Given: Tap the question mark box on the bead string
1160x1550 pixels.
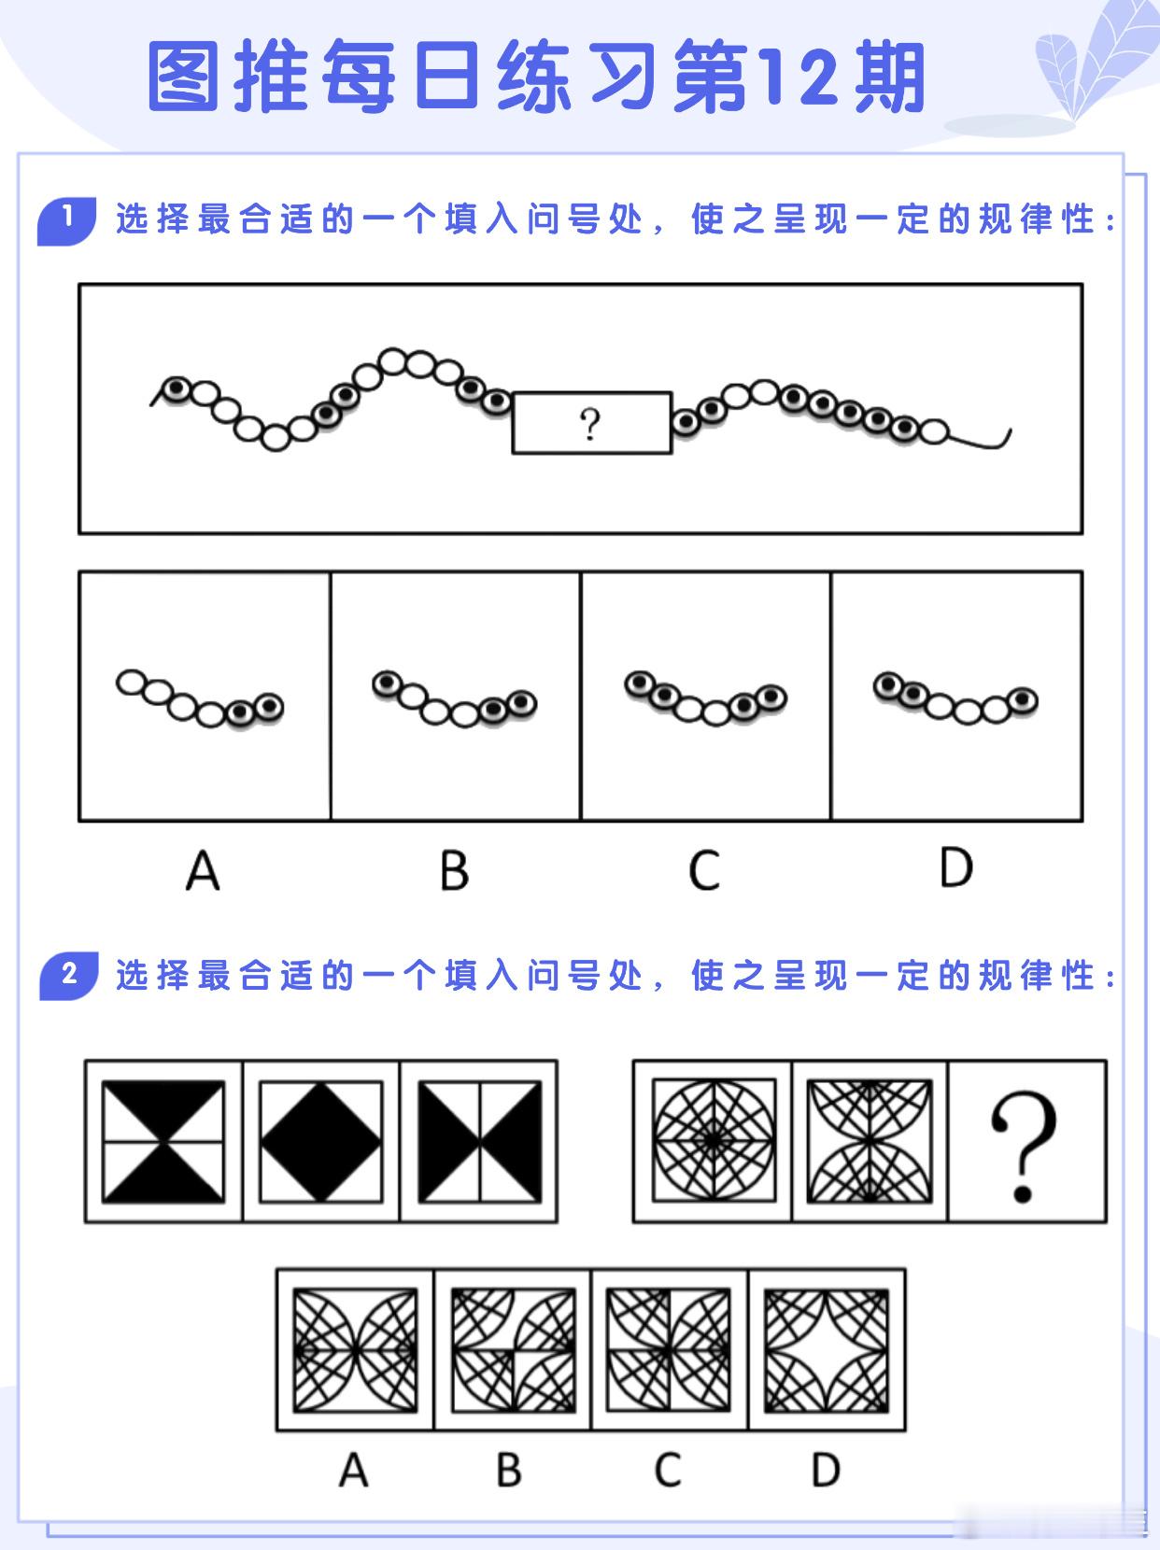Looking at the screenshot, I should [x=591, y=424].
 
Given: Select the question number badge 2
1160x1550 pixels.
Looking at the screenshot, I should [x=68, y=976].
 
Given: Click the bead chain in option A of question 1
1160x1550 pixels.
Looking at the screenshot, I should [x=200, y=698].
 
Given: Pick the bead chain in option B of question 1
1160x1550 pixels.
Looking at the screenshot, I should [x=454, y=699].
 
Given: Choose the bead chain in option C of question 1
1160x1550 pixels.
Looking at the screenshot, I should [x=705, y=698].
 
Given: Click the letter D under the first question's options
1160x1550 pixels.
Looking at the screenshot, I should [x=955, y=868].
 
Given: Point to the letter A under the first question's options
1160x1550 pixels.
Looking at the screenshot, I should [x=202, y=871].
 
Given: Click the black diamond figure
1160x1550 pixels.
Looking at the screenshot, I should [x=320, y=1141].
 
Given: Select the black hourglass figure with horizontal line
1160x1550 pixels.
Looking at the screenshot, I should [x=163, y=1141].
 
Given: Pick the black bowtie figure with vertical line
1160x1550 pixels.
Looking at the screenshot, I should [x=479, y=1141].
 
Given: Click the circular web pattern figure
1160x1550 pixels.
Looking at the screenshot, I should [x=713, y=1141].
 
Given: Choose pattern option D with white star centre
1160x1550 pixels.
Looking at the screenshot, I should [x=827, y=1350].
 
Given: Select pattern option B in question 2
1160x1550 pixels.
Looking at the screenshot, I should [x=513, y=1350].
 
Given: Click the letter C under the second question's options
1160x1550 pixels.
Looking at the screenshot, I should [x=667, y=1471].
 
